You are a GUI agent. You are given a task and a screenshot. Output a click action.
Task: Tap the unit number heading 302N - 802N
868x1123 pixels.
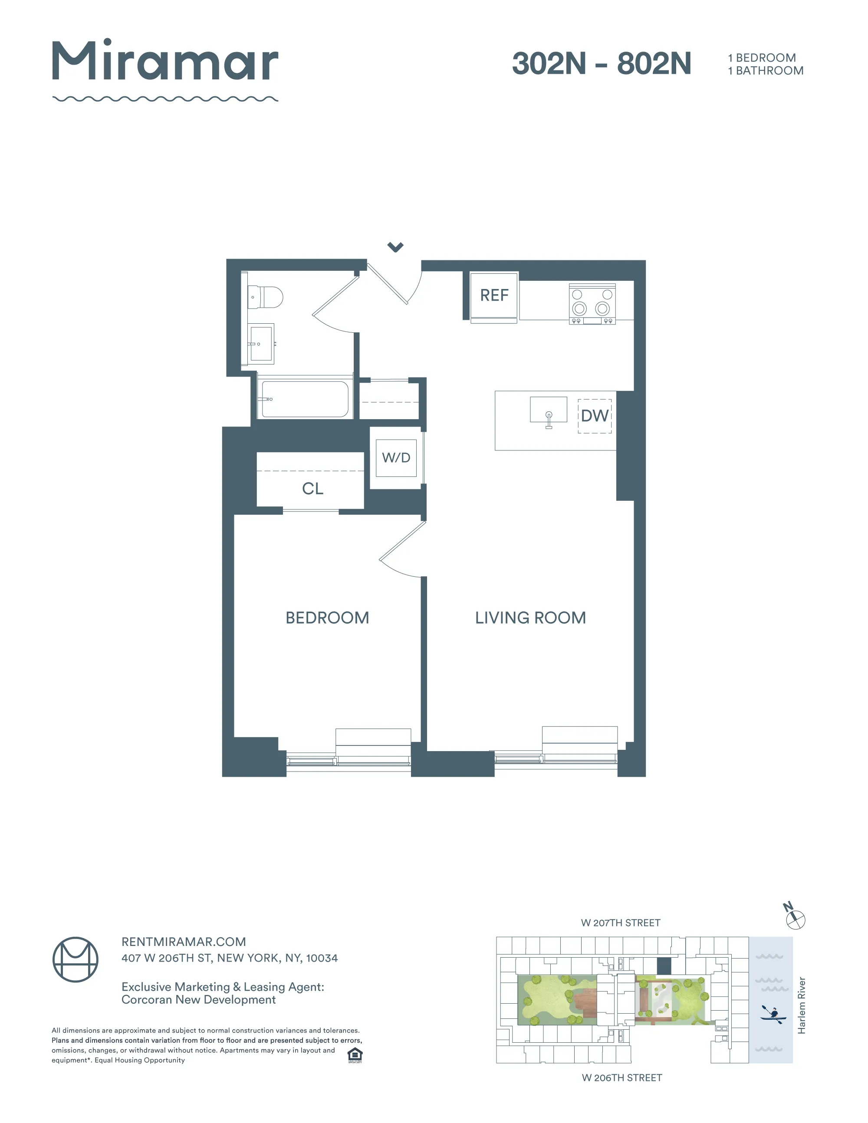(601, 63)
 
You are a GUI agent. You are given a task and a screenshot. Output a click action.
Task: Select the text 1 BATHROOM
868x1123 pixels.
(765, 71)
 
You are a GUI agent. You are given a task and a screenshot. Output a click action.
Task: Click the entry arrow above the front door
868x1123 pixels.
(395, 247)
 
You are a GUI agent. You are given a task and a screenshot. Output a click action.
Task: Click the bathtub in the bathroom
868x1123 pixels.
(305, 399)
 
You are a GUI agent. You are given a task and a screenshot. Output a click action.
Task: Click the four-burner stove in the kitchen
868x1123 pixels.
(592, 303)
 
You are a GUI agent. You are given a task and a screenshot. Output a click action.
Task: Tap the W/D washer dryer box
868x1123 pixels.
(396, 458)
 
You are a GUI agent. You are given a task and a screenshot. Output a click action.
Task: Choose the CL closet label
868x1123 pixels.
(312, 489)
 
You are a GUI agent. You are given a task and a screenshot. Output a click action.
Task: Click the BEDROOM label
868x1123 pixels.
(327, 617)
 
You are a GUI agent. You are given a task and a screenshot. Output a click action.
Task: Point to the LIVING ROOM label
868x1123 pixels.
(530, 617)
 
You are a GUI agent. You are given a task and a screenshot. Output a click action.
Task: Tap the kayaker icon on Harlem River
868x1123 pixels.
(773, 1013)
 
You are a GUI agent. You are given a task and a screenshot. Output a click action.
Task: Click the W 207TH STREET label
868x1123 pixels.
(620, 923)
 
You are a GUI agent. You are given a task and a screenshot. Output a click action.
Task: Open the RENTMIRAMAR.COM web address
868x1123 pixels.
(184, 942)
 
